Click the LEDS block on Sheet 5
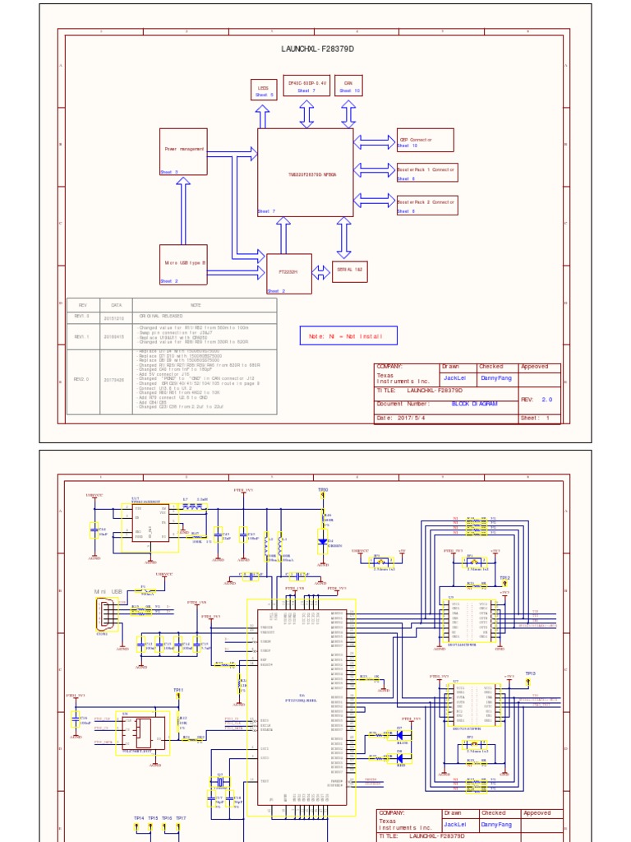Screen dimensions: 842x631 coord(264,90)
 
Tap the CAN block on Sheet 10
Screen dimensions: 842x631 coord(348,86)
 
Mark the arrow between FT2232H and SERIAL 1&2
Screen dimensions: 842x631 coord(321,272)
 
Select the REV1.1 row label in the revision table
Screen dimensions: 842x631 coord(81,336)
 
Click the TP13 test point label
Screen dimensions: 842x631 coord(530,673)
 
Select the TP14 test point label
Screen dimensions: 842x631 coord(139,818)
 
